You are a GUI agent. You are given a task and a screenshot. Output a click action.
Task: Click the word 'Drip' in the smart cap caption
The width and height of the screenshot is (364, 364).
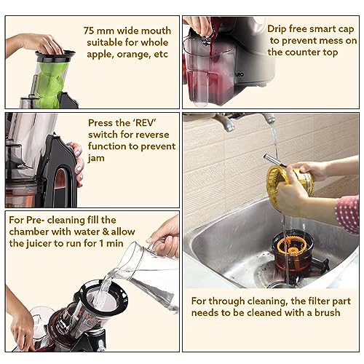click(280, 28)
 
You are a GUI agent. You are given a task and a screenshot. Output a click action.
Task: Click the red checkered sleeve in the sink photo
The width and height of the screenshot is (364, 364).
click(347, 213)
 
